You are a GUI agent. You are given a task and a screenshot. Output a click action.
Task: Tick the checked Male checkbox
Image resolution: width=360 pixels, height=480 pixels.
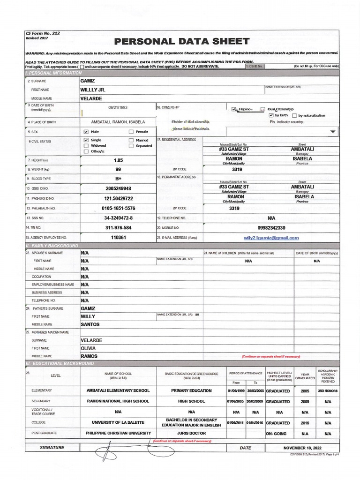click(x=86, y=132)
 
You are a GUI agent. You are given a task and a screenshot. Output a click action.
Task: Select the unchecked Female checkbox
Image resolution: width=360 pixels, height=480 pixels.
click(x=131, y=132)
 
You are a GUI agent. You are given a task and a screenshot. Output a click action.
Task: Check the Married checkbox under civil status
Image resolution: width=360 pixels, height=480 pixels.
click(x=131, y=140)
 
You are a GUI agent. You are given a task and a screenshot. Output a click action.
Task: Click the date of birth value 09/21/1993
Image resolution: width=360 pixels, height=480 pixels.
click(x=118, y=107)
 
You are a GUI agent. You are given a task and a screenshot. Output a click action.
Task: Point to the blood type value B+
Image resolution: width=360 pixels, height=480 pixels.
click(x=118, y=179)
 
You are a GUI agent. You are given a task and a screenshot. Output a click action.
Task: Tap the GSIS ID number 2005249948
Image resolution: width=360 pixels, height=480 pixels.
click(x=118, y=188)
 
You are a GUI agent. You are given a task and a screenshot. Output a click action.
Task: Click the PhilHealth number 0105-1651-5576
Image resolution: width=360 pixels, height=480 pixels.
click(x=118, y=208)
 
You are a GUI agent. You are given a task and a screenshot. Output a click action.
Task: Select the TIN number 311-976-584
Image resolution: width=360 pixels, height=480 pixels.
click(x=118, y=228)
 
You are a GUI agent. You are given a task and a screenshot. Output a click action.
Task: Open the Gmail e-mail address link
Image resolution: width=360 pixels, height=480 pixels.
click(x=271, y=238)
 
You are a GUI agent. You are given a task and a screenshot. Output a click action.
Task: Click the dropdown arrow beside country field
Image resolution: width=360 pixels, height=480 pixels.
click(x=333, y=132)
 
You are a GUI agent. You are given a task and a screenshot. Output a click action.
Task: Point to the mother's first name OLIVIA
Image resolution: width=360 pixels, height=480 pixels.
click(x=88, y=348)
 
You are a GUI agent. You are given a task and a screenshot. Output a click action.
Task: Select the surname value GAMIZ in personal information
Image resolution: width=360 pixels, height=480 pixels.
click(x=88, y=81)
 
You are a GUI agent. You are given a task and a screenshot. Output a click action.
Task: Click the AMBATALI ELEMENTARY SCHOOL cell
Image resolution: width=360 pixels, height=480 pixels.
click(x=118, y=390)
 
